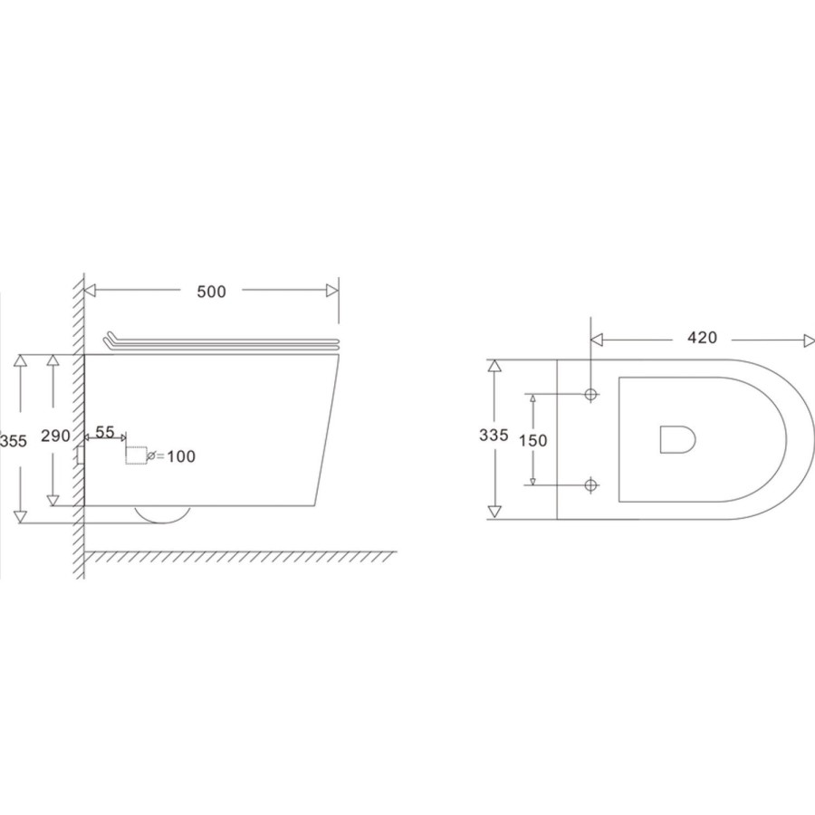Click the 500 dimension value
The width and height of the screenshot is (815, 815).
(x=211, y=292)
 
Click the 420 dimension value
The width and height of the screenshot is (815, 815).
(x=702, y=339)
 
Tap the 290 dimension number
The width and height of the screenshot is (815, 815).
(x=56, y=436)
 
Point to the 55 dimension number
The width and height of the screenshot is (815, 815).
(x=105, y=433)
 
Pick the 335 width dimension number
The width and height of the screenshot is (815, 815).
(x=494, y=435)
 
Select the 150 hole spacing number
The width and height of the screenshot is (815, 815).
(x=533, y=440)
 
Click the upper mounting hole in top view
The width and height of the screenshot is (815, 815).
(x=590, y=395)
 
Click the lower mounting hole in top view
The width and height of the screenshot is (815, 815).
(x=590, y=485)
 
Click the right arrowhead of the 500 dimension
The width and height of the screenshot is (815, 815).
(x=333, y=291)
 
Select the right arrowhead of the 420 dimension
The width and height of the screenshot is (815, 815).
(x=809, y=340)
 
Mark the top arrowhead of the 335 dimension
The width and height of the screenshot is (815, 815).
(x=494, y=366)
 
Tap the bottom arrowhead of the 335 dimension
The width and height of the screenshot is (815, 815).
(x=494, y=513)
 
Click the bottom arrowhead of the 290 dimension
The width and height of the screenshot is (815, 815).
(x=53, y=499)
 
